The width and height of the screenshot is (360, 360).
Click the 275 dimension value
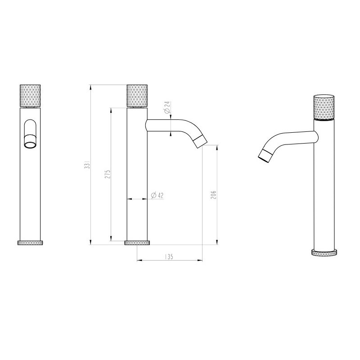[x=107, y=174]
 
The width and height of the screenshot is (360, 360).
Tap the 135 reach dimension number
[x=169, y=256]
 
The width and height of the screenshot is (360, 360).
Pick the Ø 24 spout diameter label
[x=166, y=108]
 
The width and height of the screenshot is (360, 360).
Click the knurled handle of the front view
[x=31, y=95]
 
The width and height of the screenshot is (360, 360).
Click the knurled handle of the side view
[x=137, y=95]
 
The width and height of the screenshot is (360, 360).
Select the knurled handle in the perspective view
[x=324, y=108]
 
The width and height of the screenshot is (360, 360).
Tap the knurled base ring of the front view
[x=31, y=243]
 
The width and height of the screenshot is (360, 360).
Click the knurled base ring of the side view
[x=137, y=243]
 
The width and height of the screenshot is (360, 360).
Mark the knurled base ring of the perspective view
[x=324, y=252]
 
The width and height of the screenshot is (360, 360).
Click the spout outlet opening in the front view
[x=31, y=144]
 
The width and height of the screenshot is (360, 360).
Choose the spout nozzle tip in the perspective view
[x=265, y=155]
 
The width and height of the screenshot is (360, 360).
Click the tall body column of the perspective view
[x=324, y=189]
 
